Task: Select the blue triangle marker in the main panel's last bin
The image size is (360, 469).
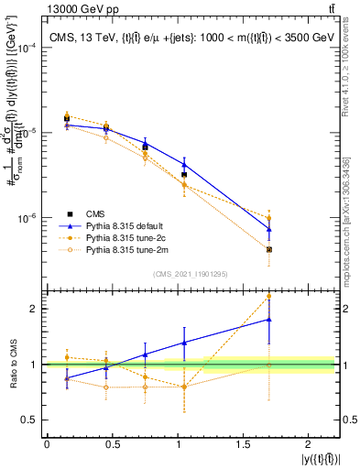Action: (269, 229)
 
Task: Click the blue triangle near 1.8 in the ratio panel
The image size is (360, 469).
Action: (269, 319)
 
